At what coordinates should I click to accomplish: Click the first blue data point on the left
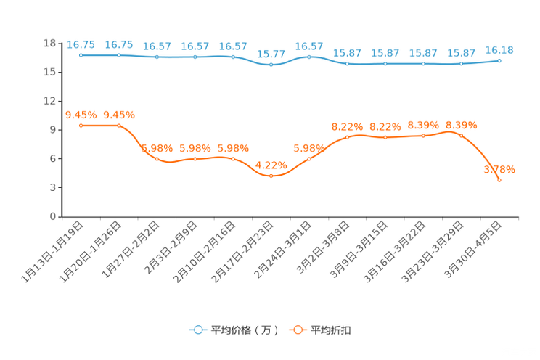click(x=81, y=55)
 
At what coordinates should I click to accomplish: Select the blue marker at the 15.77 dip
click(x=271, y=65)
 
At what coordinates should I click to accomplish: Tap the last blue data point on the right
click(x=499, y=60)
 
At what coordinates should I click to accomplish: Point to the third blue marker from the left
click(x=157, y=57)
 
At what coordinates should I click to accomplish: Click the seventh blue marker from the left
click(x=309, y=57)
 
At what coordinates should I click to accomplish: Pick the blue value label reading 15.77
click(x=271, y=54)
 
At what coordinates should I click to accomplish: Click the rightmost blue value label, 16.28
click(x=499, y=49)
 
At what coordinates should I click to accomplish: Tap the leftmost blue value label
click(x=81, y=44)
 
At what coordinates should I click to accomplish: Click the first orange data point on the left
click(x=81, y=126)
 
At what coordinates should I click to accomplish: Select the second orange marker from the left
click(x=119, y=126)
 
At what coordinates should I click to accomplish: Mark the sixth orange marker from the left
click(x=271, y=176)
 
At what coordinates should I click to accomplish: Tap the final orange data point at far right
click(x=499, y=180)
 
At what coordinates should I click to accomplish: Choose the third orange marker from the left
click(x=157, y=158)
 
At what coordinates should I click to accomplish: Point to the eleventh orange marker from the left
click(x=462, y=135)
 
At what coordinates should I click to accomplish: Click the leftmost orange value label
click(x=81, y=115)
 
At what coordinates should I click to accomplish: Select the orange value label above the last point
click(x=499, y=169)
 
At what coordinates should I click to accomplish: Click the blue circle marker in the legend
click(x=197, y=330)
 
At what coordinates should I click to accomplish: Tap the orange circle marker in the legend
click(x=297, y=330)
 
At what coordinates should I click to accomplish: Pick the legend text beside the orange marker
click(x=331, y=330)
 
